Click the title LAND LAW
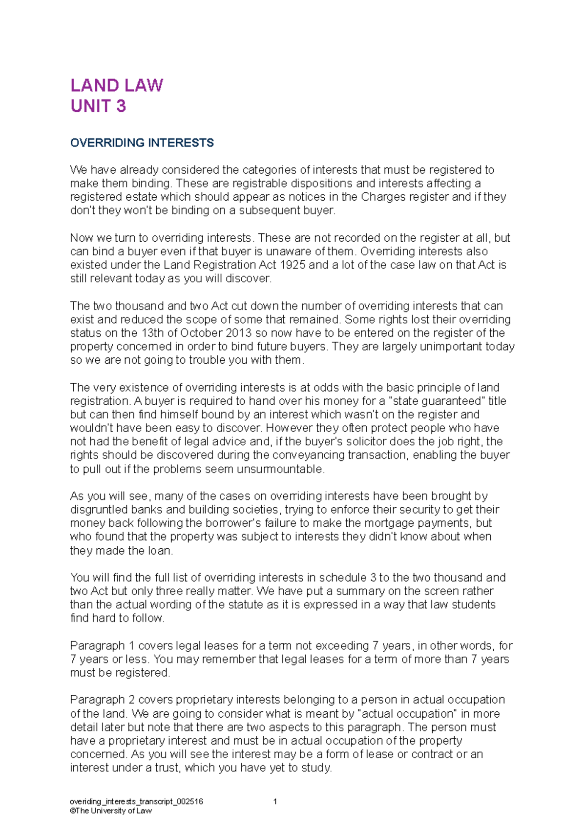coord(116,85)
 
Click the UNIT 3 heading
coord(98,106)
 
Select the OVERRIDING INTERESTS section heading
coord(142,143)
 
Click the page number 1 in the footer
coord(275,801)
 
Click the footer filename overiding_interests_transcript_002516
coord(136,801)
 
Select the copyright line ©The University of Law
coord(111,810)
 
